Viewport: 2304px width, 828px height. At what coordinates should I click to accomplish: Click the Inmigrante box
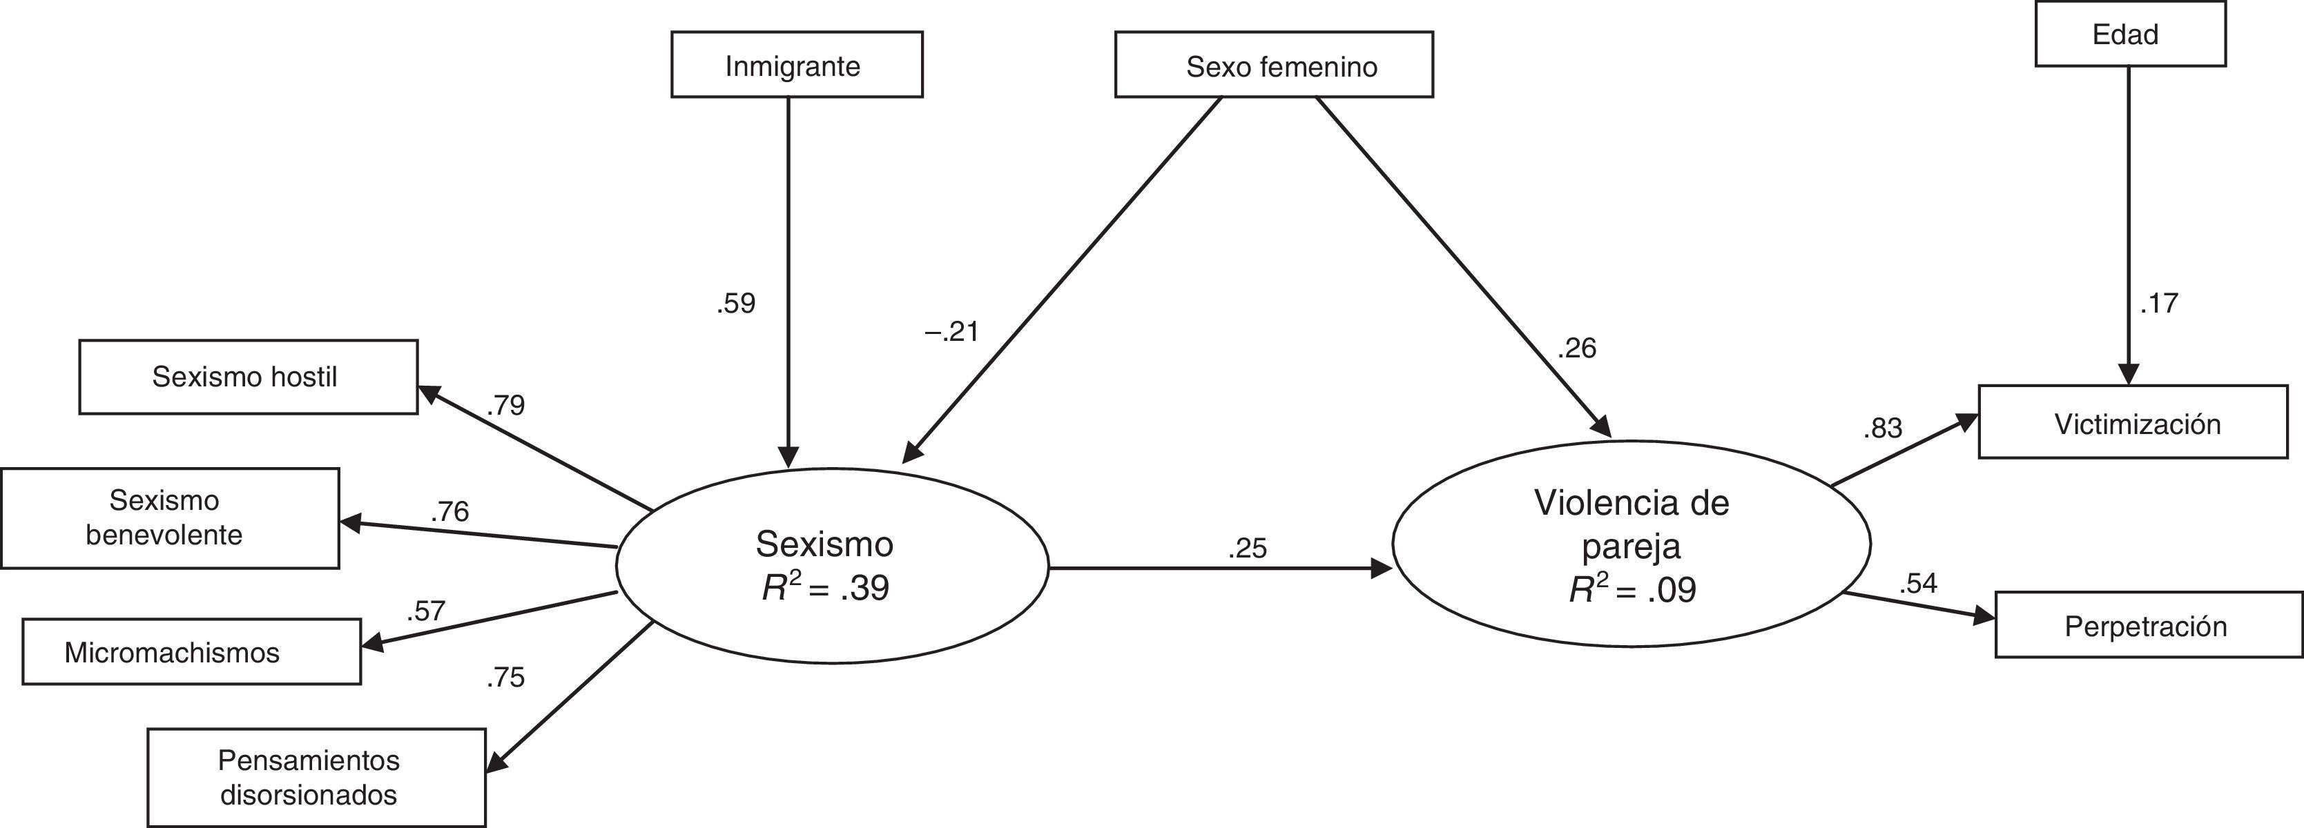[x=796, y=66]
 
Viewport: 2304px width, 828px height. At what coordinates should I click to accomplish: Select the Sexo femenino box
[x=1274, y=66]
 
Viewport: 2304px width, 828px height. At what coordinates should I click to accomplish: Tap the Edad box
[x=2129, y=34]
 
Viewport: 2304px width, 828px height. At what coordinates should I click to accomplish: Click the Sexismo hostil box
[x=248, y=377]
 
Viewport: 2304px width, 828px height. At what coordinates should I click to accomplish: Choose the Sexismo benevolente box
[x=170, y=517]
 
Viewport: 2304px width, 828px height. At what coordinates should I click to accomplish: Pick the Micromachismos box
[x=191, y=652]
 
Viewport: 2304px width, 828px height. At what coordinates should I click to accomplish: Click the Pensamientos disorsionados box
[x=317, y=777]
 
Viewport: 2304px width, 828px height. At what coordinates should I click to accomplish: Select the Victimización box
[x=2132, y=423]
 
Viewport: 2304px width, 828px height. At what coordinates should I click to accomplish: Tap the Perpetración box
[x=2149, y=625]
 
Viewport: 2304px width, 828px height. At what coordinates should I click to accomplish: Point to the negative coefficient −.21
[x=951, y=332]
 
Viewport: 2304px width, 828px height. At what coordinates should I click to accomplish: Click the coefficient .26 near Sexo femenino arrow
[x=1577, y=348]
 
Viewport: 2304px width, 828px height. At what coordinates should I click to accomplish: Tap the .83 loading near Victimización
[x=1883, y=428]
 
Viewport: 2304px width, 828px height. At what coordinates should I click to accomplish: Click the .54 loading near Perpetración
[x=1919, y=583]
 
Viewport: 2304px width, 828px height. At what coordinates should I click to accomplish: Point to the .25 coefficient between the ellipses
[x=1248, y=548]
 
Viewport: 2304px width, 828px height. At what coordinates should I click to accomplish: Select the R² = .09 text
[x=1632, y=589]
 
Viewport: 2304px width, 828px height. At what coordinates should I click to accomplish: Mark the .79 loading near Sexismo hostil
[x=506, y=405]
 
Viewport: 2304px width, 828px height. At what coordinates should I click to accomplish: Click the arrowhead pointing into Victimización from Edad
[x=2129, y=375]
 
